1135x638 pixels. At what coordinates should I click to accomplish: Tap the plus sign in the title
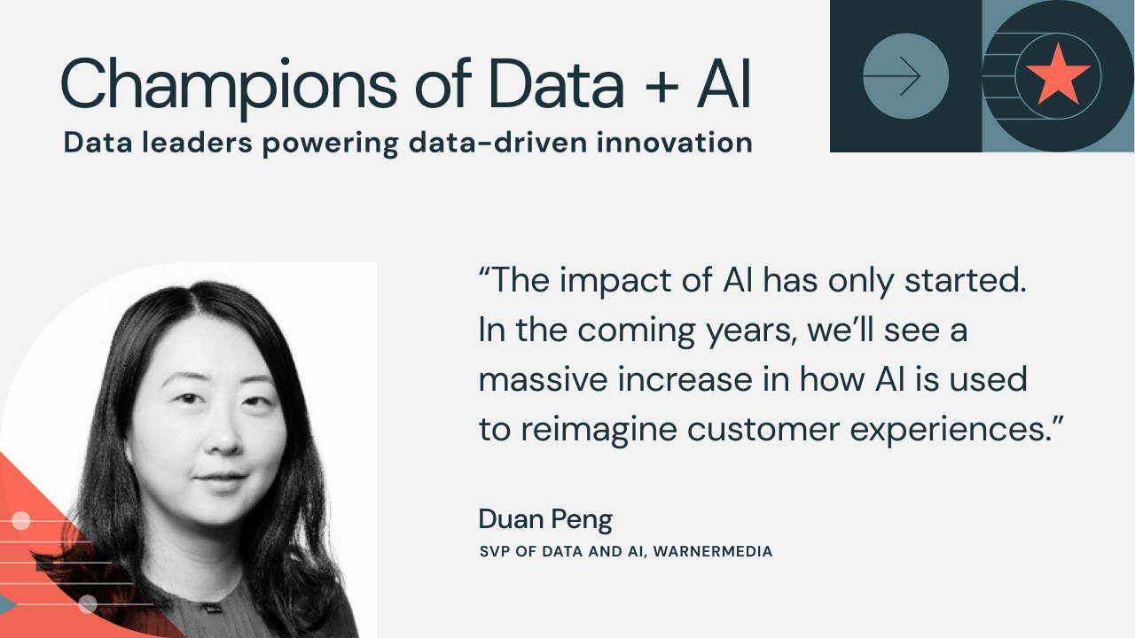[661, 88]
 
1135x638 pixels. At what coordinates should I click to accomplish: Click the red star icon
[1058, 75]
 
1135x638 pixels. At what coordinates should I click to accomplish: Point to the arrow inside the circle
[892, 76]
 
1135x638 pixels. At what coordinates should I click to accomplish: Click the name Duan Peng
[545, 520]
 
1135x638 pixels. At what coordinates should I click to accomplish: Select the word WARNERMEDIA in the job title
[712, 551]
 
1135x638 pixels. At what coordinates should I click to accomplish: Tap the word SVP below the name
[495, 551]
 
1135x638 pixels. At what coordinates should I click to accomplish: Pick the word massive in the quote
[543, 380]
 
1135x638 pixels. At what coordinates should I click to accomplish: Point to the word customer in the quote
[763, 431]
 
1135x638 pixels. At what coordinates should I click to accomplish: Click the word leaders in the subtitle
[197, 143]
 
